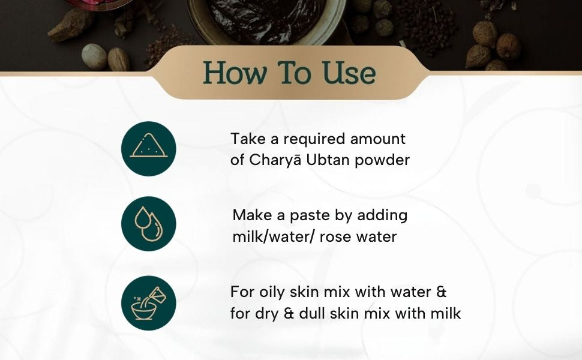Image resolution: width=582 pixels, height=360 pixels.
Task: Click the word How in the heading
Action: (235, 73)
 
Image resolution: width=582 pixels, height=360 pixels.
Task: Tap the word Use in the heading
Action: (349, 73)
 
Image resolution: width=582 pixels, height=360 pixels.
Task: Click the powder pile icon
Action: (148, 148)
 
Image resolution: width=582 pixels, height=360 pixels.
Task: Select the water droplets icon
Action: (148, 224)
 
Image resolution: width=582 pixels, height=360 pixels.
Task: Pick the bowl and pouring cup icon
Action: (148, 303)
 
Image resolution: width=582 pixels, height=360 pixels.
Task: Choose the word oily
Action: (272, 292)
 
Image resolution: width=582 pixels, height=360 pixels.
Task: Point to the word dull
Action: (312, 313)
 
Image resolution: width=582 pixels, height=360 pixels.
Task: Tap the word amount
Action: (378, 139)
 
